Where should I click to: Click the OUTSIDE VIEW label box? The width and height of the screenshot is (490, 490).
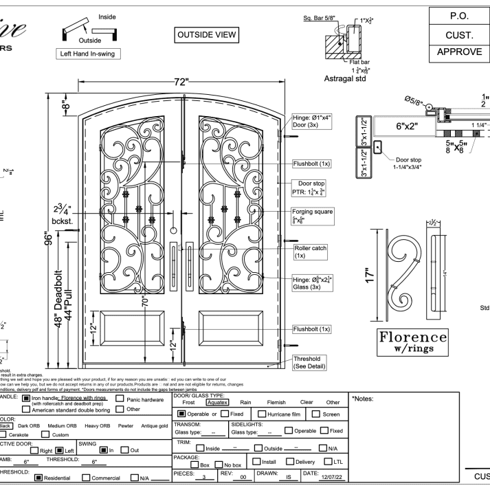208,34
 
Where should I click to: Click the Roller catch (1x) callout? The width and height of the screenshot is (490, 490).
309,252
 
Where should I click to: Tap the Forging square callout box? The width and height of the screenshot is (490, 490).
312,216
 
